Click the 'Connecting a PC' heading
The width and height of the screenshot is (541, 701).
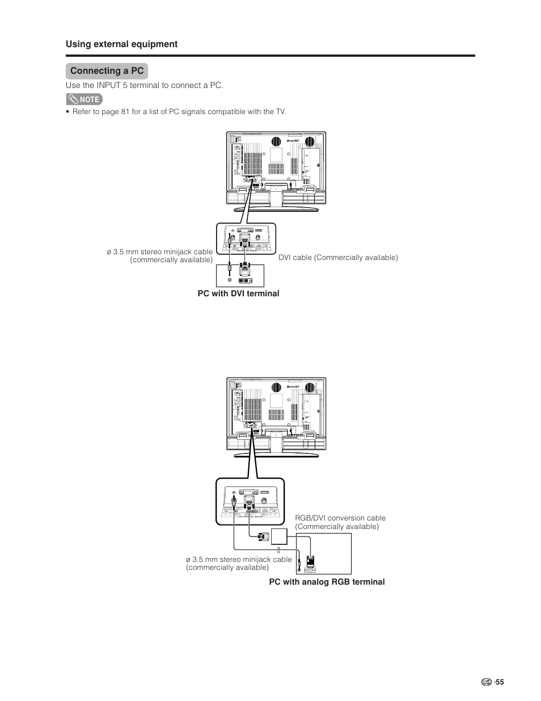click(x=107, y=71)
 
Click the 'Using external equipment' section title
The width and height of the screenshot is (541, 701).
click(x=121, y=44)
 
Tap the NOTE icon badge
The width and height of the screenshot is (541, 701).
click(x=84, y=99)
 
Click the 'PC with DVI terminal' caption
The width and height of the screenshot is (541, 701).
click(x=238, y=293)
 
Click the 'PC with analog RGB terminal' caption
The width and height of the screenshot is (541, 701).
click(x=327, y=582)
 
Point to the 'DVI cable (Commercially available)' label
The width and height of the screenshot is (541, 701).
click(x=338, y=258)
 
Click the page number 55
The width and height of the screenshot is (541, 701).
click(x=499, y=682)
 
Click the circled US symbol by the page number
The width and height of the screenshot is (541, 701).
click(x=486, y=682)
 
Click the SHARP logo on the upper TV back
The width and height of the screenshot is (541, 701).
click(x=293, y=140)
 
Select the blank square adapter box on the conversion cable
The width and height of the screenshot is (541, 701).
click(x=279, y=536)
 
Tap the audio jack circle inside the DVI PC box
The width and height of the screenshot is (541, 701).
click(x=229, y=280)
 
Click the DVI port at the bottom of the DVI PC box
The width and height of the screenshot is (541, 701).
click(x=245, y=280)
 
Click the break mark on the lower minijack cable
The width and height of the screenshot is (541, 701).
click(x=278, y=549)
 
